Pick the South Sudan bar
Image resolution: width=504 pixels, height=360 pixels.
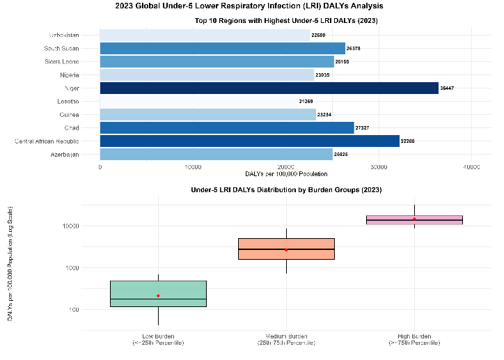tap(222, 48)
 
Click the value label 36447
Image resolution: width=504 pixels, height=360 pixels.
tap(447, 88)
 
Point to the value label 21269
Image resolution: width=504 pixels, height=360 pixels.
tap(306, 102)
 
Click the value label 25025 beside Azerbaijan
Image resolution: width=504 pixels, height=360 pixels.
tap(341, 154)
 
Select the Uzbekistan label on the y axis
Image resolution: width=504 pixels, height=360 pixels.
tap(64, 35)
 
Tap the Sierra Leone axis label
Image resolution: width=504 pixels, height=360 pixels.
tap(62, 61)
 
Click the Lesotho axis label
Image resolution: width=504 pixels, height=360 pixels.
tap(67, 101)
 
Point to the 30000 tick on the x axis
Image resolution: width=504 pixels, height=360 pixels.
tap(379, 166)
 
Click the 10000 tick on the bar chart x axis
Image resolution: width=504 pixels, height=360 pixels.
tap(194, 166)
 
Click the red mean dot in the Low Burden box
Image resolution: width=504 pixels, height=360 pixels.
tap(158, 296)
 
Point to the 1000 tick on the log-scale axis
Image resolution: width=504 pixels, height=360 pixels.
tap(70, 268)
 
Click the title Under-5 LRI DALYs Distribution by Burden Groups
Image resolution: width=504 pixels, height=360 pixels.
tap(286, 189)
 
